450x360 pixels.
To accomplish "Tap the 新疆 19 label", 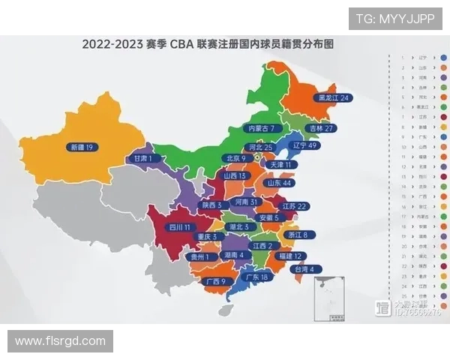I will click(x=80, y=147).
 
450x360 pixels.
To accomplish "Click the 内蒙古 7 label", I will click(x=265, y=128).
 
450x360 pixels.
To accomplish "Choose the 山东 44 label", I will click(x=277, y=183).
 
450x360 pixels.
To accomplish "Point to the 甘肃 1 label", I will click(x=143, y=159).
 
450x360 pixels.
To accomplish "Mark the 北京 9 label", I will click(x=235, y=158).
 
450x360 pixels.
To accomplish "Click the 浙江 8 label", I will click(x=292, y=235).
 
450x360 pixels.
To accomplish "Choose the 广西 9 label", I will click(x=214, y=281).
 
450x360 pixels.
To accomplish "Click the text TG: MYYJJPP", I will click(x=395, y=19).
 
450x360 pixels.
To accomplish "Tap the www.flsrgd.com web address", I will click(x=61, y=341).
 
